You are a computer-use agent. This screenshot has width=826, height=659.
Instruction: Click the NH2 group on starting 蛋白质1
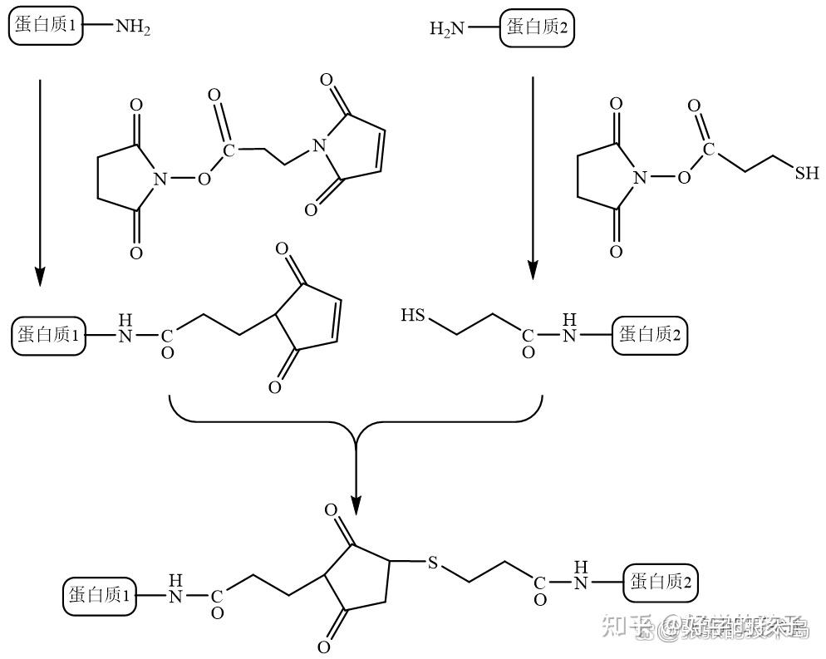(133, 27)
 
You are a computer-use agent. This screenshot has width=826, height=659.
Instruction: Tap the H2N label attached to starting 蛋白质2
(447, 30)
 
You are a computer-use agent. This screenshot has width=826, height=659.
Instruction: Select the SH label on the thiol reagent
(806, 173)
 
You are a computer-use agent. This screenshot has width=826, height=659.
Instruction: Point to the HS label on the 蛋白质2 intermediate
(413, 316)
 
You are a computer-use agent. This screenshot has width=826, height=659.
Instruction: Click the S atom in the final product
(432, 563)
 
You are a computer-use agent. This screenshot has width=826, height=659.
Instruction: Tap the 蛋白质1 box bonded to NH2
(46, 27)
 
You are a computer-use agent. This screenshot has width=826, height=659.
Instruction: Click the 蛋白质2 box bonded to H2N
(538, 28)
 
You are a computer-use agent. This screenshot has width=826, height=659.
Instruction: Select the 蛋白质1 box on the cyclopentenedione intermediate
(49, 336)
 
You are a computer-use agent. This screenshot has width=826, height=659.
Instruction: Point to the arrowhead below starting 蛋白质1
(39, 275)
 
